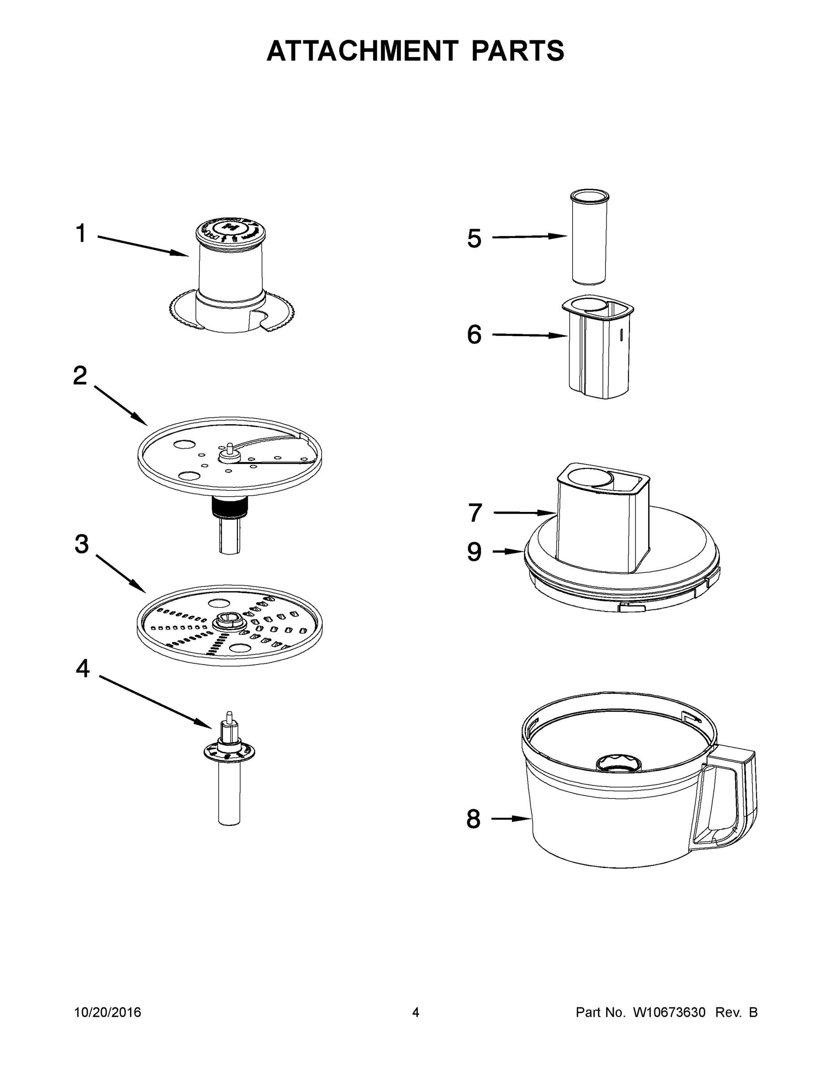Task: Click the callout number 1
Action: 81,234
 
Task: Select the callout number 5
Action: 474,239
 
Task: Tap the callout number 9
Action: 474,552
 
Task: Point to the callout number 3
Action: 82,544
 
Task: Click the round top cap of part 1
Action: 230,229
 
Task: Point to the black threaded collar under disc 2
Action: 229,507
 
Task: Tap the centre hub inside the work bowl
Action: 619,762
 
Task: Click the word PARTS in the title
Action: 517,51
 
